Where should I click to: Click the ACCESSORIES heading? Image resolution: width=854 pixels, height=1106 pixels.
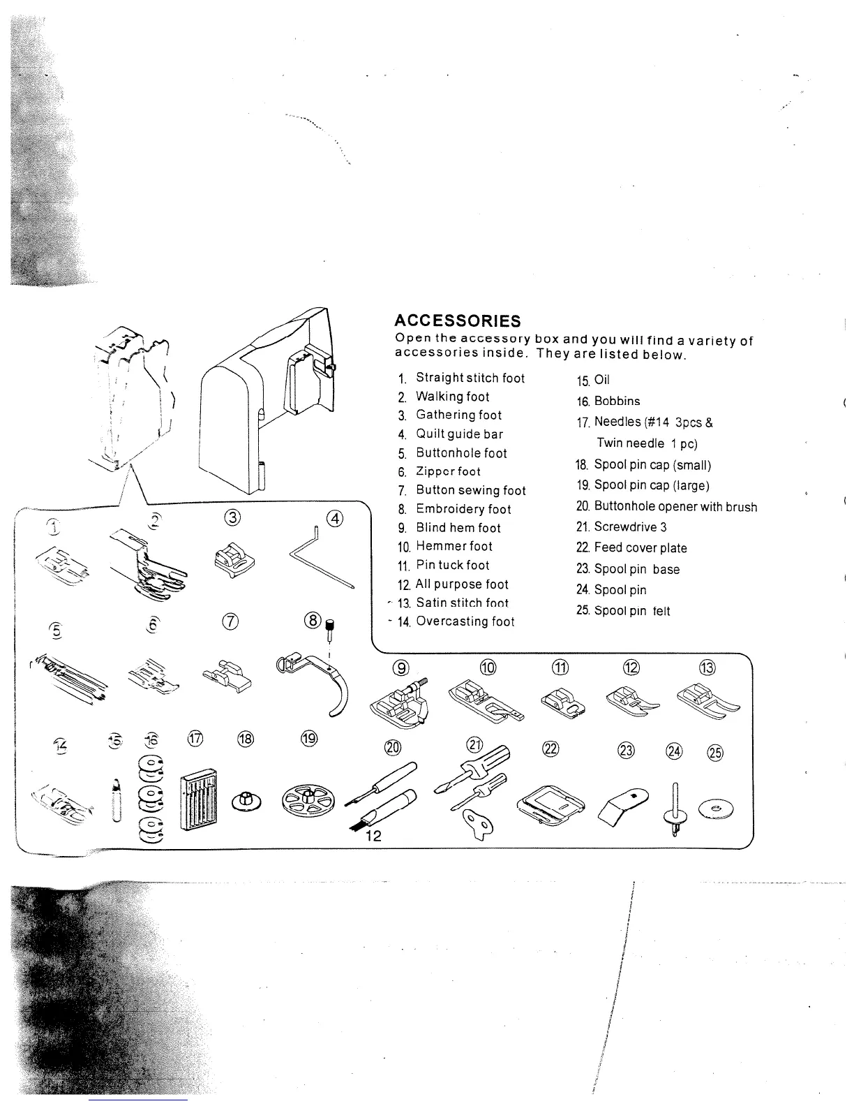pos(457,321)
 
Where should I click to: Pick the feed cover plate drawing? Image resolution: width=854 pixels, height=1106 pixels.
pos(550,804)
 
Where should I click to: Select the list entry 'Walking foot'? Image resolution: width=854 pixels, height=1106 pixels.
pos(452,397)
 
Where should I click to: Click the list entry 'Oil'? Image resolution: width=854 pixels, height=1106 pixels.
pos(601,381)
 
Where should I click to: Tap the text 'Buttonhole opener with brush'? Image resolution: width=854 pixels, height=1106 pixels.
pos(675,507)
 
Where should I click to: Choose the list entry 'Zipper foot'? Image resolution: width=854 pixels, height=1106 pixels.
pos(448,471)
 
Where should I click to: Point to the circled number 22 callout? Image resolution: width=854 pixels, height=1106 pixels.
pos(550,749)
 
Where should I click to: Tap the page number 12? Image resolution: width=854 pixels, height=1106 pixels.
pos(373,836)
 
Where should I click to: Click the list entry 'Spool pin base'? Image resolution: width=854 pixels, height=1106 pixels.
pos(636,569)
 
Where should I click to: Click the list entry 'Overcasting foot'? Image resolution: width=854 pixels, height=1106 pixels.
pos(465,621)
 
